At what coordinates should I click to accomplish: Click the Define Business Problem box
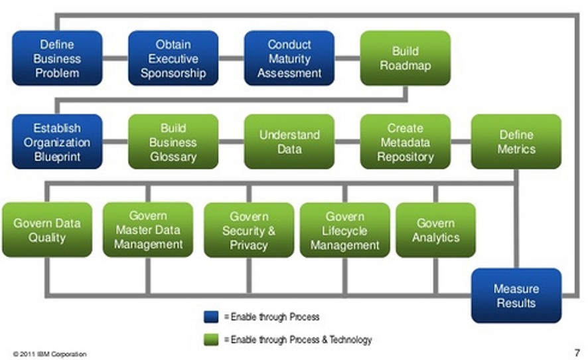click(57, 58)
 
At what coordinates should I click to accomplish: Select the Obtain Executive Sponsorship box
click(173, 58)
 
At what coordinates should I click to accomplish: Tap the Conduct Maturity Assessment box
click(289, 58)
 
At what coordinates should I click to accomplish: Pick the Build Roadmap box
click(405, 58)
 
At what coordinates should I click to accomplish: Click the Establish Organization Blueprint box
click(57, 141)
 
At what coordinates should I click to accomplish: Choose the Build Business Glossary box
click(173, 141)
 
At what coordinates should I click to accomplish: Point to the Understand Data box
click(289, 141)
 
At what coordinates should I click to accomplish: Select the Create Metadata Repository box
click(405, 141)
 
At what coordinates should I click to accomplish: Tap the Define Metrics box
click(516, 141)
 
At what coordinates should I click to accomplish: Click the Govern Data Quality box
click(47, 230)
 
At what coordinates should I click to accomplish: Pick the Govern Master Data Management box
click(148, 230)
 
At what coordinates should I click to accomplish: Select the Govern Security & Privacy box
click(249, 230)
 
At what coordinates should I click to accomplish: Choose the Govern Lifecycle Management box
click(345, 230)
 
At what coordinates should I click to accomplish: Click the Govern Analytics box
click(435, 230)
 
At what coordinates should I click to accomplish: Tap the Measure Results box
click(516, 296)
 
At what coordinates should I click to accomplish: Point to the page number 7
click(576, 352)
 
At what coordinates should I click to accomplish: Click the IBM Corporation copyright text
click(50, 354)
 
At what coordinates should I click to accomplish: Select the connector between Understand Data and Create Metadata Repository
click(347, 141)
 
